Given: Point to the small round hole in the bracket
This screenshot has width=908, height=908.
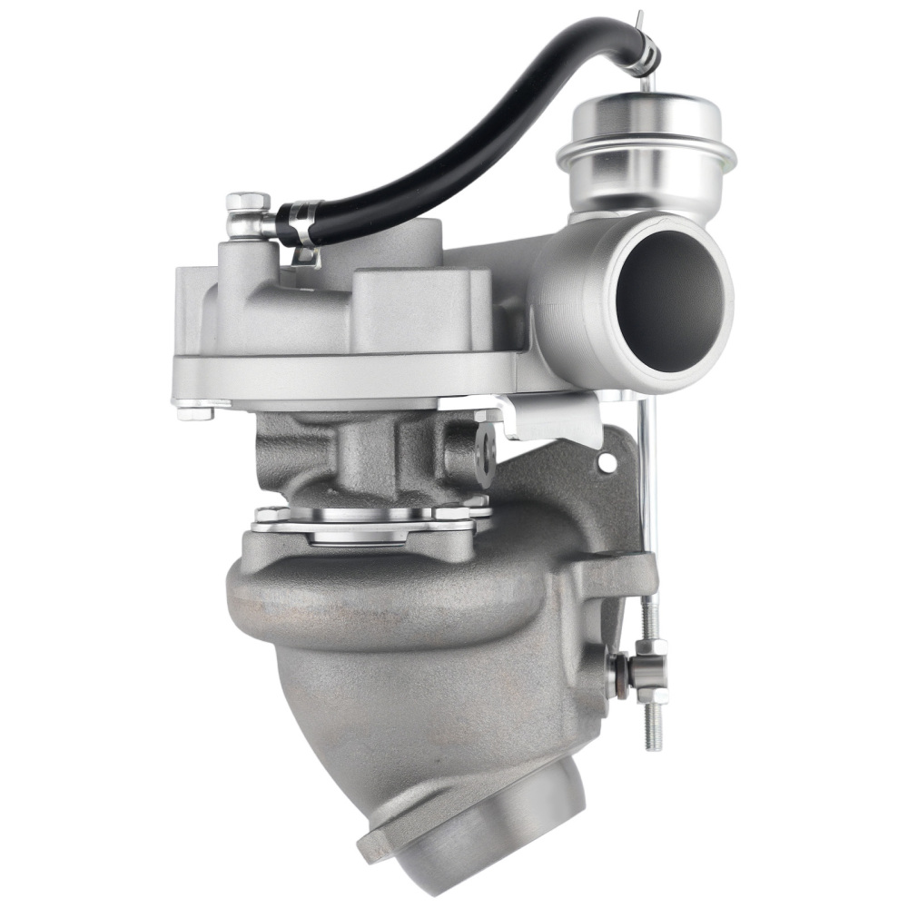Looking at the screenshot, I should coord(607,464).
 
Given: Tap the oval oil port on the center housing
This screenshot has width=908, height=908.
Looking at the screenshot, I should coord(487,454).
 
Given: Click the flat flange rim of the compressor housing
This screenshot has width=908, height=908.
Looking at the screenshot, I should coord(345,372).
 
